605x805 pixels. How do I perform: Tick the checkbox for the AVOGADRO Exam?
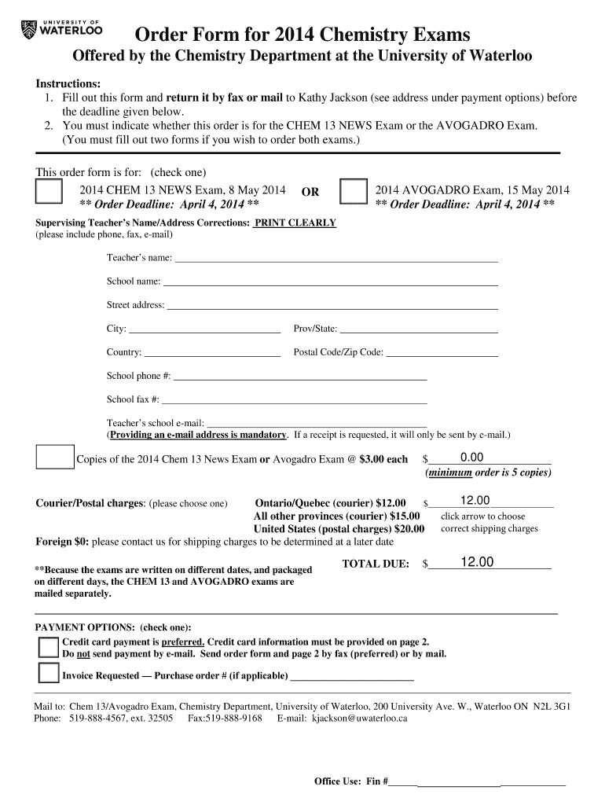pyautogui.click(x=353, y=193)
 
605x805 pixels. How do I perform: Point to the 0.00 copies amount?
pyautogui.click(x=472, y=458)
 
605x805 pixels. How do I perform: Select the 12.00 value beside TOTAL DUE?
pyautogui.click(x=477, y=562)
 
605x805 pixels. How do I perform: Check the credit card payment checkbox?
pyautogui.click(x=49, y=648)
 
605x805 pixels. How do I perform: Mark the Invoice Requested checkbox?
pyautogui.click(x=49, y=675)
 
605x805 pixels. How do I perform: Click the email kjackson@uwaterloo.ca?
pyautogui.click(x=360, y=719)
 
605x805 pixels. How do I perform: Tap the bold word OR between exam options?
pyautogui.click(x=310, y=192)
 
